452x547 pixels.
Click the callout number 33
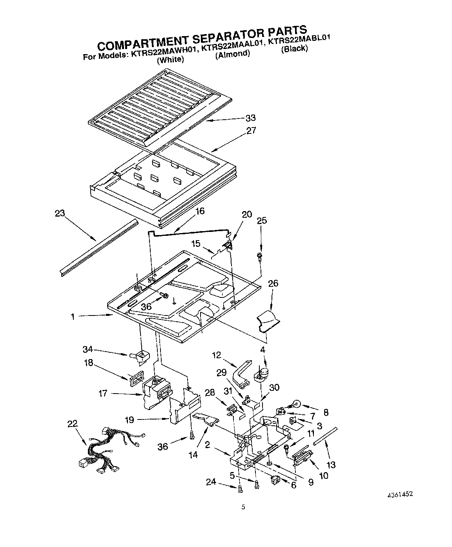point(250,118)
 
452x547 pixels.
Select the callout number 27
point(251,130)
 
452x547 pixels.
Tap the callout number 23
point(60,213)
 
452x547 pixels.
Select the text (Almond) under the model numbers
point(232,54)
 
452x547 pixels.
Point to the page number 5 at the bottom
point(243,507)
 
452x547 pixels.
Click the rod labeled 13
point(325,436)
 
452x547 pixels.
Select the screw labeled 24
point(240,488)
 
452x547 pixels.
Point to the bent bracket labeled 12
point(241,372)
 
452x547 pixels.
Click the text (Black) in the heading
point(294,49)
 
